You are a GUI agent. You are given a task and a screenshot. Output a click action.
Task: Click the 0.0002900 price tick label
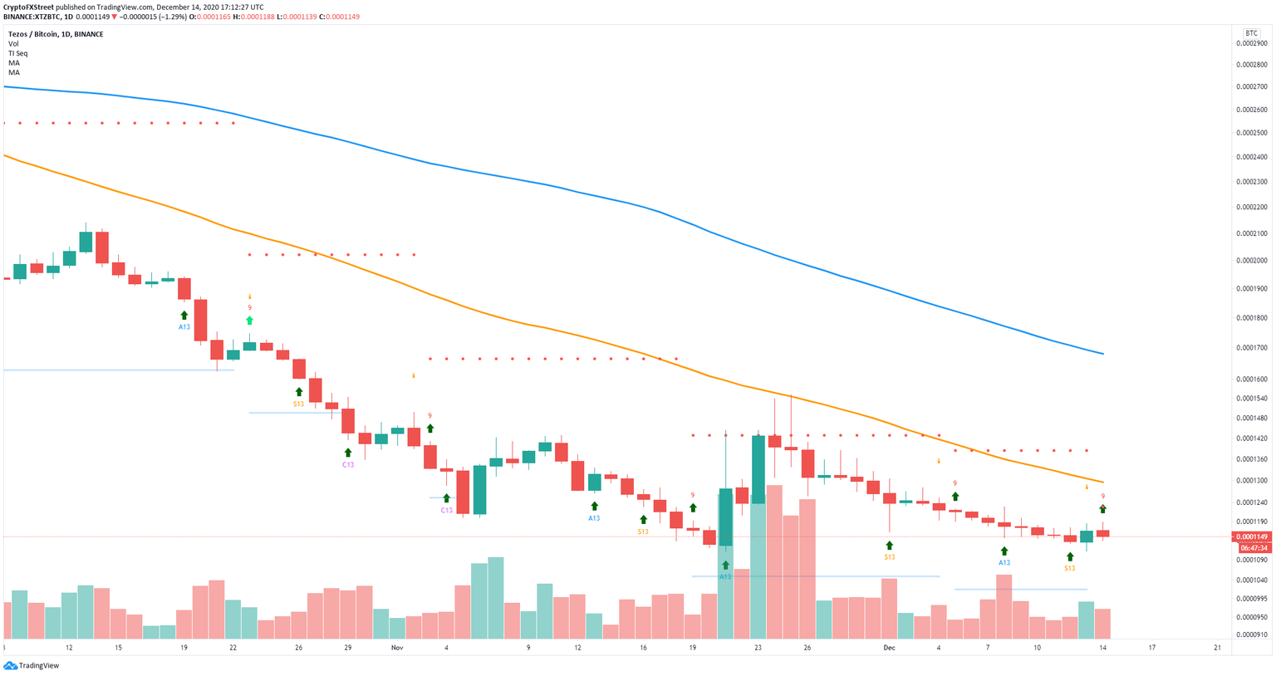pyautogui.click(x=1254, y=42)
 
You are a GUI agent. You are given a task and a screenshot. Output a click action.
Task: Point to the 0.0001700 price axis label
pyautogui.click(x=1254, y=348)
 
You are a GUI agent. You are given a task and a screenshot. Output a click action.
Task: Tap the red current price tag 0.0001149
pyautogui.click(x=1254, y=536)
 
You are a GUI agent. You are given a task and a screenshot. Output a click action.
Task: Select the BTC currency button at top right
pyautogui.click(x=1251, y=33)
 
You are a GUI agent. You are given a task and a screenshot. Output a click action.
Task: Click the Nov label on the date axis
pyautogui.click(x=397, y=647)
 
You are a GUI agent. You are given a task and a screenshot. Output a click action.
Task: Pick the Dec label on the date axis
pyautogui.click(x=890, y=647)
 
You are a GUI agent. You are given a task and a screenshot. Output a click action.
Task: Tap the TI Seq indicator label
pyautogui.click(x=18, y=53)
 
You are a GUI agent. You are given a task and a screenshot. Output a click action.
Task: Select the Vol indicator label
pyautogui.click(x=13, y=44)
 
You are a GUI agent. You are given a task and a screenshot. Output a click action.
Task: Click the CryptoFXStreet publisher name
pyautogui.click(x=28, y=7)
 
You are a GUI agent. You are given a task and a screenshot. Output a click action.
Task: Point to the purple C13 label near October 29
pyautogui.click(x=348, y=465)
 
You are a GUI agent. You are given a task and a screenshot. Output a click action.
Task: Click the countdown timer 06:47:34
pyautogui.click(x=1254, y=548)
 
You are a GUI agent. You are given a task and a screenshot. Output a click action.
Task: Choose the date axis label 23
pyautogui.click(x=758, y=647)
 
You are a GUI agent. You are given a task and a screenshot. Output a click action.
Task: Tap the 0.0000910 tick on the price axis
pyautogui.click(x=1254, y=634)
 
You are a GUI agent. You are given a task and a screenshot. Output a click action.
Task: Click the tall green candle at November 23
pyautogui.click(x=758, y=469)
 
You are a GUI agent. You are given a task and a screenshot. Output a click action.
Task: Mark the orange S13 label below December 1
pyautogui.click(x=890, y=557)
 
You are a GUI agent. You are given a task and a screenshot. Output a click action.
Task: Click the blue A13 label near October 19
pyautogui.click(x=184, y=327)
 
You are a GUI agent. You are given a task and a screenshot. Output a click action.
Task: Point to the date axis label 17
pyautogui.click(x=1152, y=647)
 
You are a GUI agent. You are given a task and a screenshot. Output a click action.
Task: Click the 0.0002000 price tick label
pyautogui.click(x=1254, y=261)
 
